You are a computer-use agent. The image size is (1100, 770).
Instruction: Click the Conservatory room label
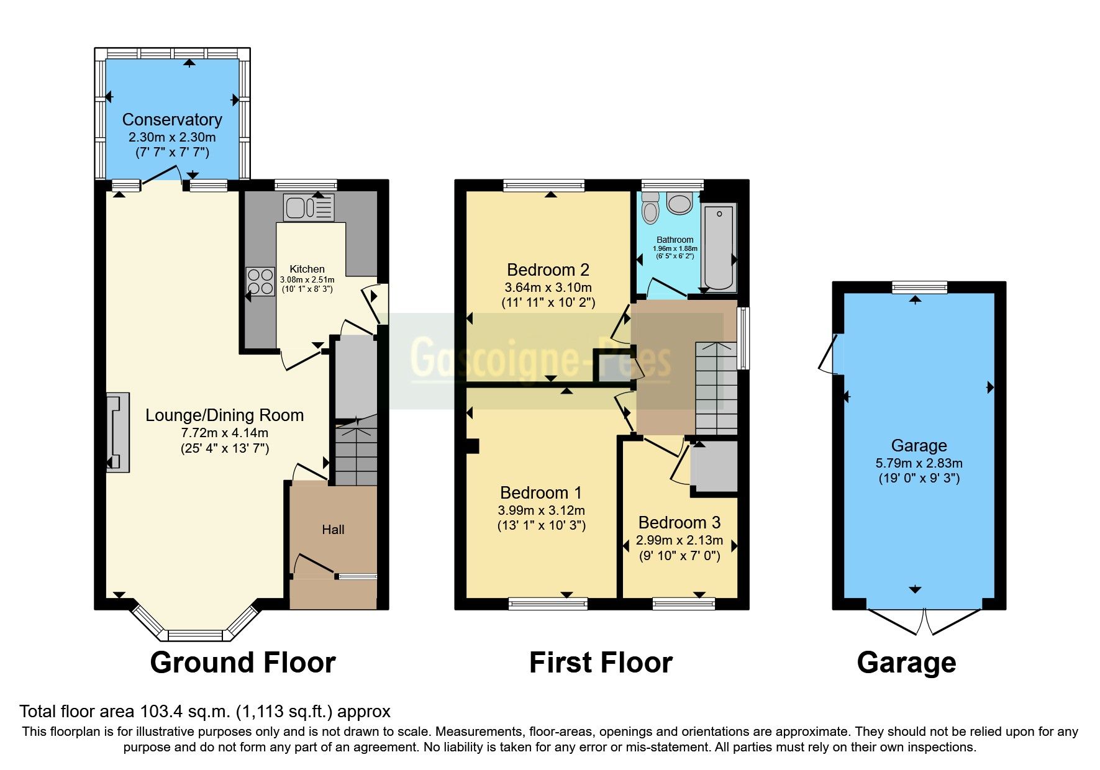[172, 119]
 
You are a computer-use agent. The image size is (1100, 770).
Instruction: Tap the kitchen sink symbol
[309, 207]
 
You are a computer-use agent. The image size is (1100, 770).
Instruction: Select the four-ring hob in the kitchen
[260, 281]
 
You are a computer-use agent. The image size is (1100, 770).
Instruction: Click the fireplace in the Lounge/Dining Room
[117, 432]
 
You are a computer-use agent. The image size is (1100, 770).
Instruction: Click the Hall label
[333, 530]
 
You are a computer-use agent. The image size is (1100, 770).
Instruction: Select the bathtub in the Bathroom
[719, 247]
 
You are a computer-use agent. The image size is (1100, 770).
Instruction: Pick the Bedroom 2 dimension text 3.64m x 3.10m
[548, 288]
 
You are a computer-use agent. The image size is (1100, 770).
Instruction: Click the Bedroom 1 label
[541, 492]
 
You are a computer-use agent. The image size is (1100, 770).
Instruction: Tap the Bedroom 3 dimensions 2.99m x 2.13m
[680, 540]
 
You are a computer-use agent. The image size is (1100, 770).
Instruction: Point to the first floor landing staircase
[716, 387]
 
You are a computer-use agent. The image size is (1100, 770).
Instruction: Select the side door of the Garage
[831, 355]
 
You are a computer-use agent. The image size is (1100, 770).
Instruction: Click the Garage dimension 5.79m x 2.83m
[919, 463]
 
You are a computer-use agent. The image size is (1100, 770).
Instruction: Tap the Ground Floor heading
[243, 663]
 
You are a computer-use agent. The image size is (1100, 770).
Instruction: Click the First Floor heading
[601, 663]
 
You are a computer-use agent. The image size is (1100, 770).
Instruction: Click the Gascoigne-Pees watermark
[540, 359]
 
